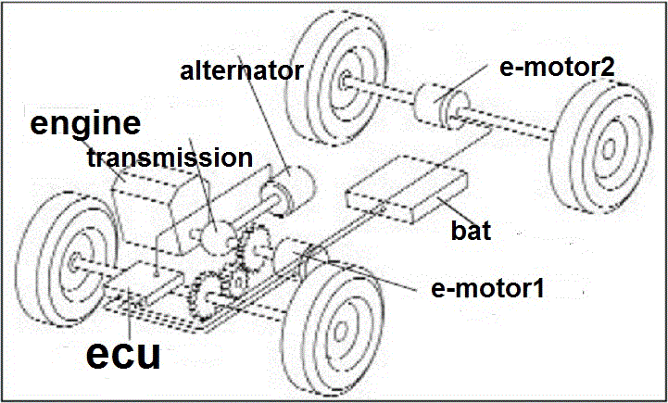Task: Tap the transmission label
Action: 169,157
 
